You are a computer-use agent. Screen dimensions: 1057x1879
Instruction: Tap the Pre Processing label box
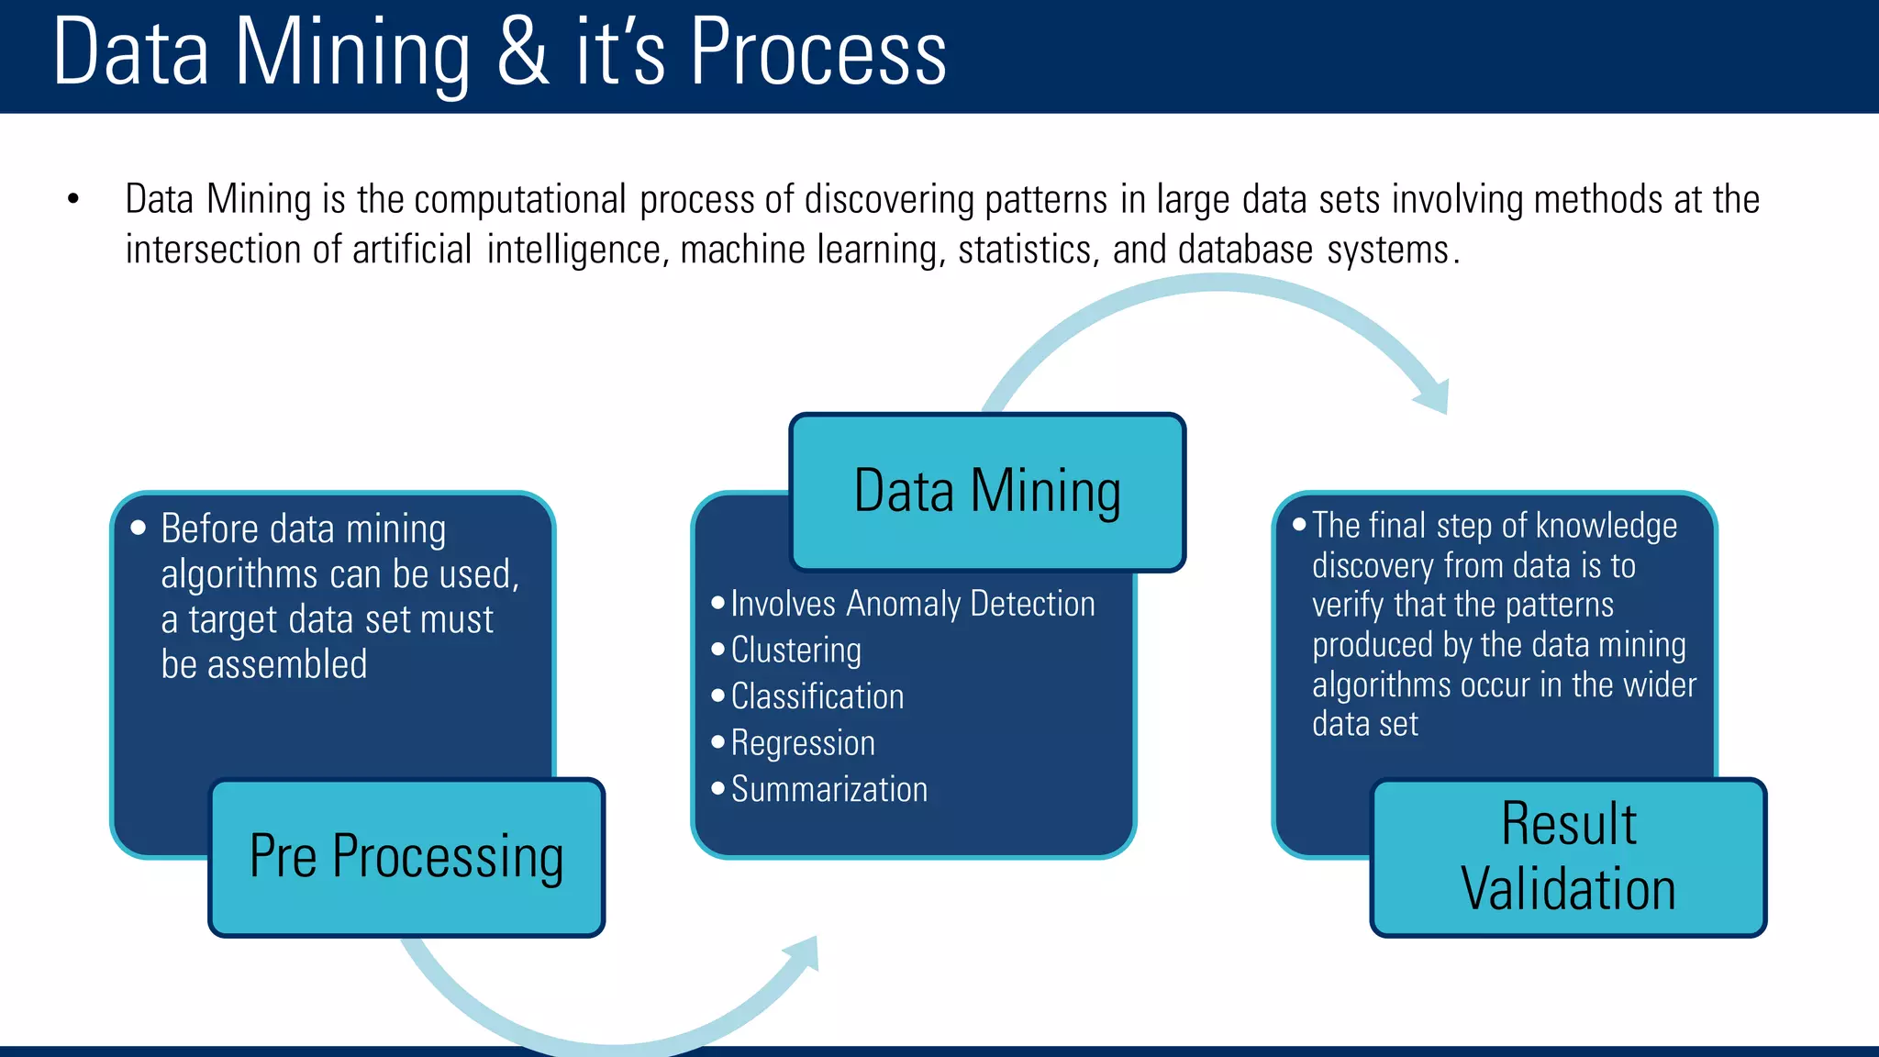tap(406, 857)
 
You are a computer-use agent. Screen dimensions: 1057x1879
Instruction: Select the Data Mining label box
tap(987, 492)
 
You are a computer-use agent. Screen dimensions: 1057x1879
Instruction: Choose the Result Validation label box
tap(1568, 857)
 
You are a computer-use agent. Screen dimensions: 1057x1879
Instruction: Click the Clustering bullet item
tap(795, 651)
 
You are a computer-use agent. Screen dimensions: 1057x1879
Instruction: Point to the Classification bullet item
tap(817, 696)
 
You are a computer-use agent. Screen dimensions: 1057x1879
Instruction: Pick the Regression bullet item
tap(803, 743)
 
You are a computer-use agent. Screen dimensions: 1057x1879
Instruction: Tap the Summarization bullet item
tap(828, 789)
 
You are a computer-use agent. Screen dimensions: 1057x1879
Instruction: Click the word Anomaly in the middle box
tap(903, 605)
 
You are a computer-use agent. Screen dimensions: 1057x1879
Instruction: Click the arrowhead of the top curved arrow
tap(1434, 396)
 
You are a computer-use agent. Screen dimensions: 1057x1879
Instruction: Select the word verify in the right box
tap(1347, 606)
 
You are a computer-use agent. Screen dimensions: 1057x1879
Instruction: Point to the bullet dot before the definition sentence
tap(73, 199)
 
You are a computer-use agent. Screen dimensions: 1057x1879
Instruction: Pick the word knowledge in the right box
tap(1606, 526)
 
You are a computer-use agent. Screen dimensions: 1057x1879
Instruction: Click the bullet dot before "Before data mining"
tap(139, 528)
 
